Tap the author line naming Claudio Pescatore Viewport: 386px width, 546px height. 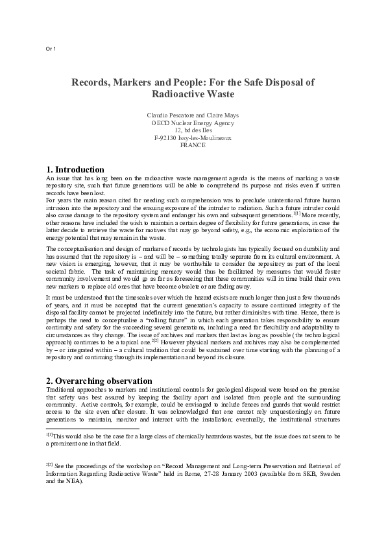click(165, 115)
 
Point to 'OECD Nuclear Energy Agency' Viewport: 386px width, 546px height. click(193, 123)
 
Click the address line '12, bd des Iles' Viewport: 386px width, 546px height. click(193, 130)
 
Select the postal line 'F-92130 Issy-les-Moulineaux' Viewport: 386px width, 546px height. click(193, 138)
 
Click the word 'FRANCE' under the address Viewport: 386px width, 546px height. click(193, 146)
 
